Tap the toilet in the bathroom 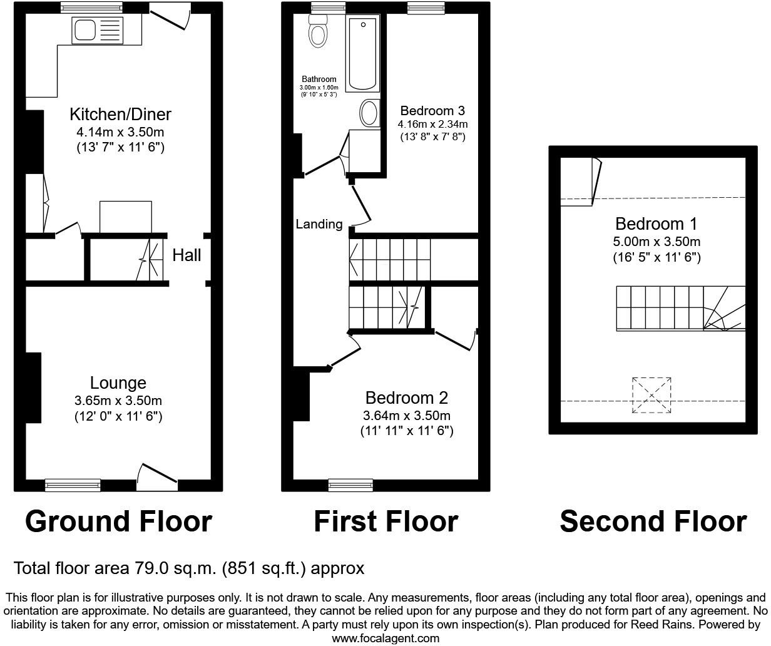319,31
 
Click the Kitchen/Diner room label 120,115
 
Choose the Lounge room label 118,383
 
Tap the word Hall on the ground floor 186,255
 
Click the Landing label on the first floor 319,224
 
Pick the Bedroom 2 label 407,398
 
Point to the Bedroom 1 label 656,224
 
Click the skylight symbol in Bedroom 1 651,395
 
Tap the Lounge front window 73,484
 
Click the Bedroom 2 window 350,484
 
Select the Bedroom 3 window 426,8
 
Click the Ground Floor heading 118,521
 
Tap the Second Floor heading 653,521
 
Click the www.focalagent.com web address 385,638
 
